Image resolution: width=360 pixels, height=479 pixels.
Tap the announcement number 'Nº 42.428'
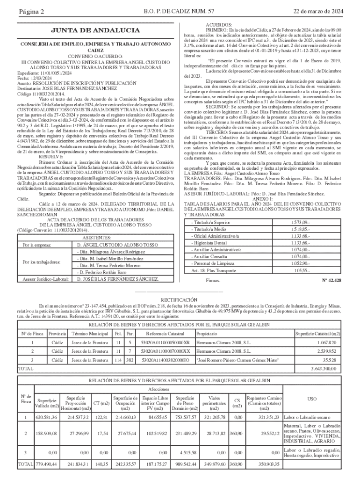click(x=331, y=280)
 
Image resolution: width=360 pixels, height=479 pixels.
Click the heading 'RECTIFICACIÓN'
click(x=180, y=299)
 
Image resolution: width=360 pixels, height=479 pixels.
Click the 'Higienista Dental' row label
click(x=209, y=243)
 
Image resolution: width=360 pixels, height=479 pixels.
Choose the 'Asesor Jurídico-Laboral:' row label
click(x=43, y=279)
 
